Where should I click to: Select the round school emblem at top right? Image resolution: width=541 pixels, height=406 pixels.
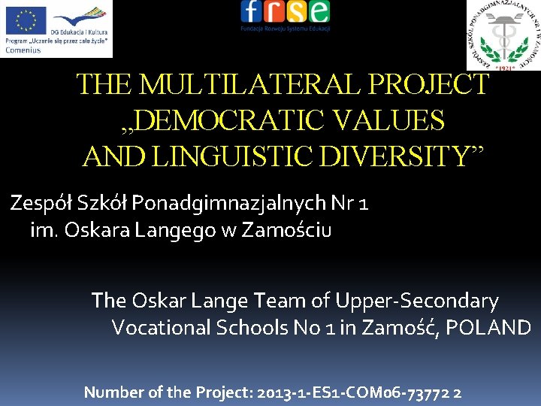tap(503, 35)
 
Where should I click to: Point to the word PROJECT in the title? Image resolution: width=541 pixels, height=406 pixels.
tap(440, 85)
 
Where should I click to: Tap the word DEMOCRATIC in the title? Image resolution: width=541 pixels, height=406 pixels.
tap(236, 120)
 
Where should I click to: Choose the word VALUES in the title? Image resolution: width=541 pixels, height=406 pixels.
tap(394, 120)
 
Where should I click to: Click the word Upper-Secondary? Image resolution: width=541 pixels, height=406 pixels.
tap(416, 301)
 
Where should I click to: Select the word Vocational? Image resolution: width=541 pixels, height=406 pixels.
tap(161, 328)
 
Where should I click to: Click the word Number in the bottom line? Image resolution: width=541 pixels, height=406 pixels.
tap(112, 392)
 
